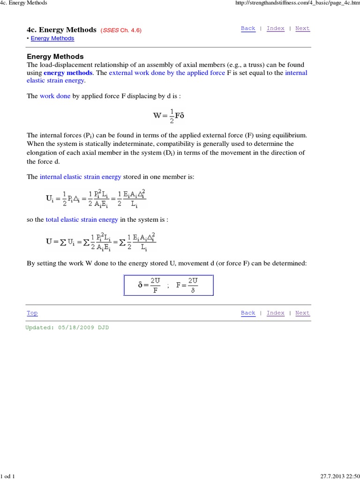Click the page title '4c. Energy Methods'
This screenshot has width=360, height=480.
[62, 30]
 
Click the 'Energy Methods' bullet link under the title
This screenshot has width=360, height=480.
[52, 38]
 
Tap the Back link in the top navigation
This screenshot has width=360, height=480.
[248, 28]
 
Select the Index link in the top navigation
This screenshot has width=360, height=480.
[276, 28]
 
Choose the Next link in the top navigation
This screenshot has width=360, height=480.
[302, 28]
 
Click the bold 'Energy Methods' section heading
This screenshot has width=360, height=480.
[55, 57]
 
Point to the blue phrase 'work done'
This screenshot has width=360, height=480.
[55, 96]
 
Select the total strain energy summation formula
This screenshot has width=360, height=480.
[101, 242]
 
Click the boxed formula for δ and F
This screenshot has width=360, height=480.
[168, 285]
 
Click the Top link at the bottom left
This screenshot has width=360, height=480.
[32, 313]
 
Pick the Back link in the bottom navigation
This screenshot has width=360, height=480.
[248, 313]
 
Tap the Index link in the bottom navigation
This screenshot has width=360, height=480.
[276, 313]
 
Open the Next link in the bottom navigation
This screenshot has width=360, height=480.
[302, 313]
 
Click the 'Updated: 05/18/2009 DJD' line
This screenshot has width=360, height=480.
[67, 328]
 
